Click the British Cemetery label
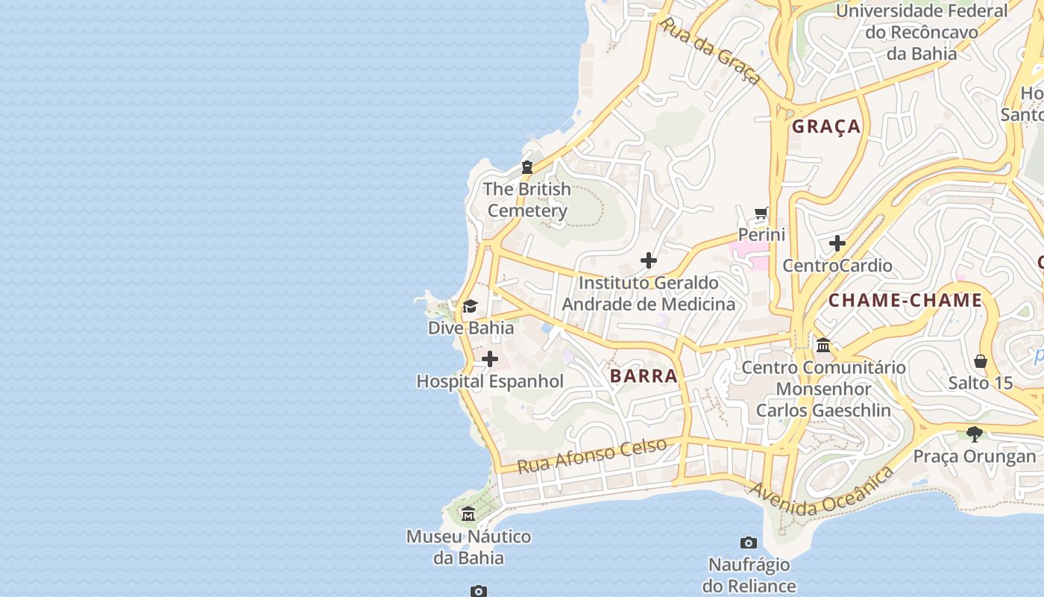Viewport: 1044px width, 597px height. [527, 200]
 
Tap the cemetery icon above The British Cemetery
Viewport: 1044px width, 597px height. [527, 167]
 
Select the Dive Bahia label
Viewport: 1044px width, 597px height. [471, 328]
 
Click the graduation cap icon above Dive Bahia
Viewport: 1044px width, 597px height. [470, 306]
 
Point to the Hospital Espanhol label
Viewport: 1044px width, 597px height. [490, 381]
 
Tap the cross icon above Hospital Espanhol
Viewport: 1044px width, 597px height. [490, 360]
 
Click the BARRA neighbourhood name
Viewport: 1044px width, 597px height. [644, 376]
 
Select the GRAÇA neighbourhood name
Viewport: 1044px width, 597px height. [826, 127]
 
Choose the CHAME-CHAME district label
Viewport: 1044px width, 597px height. [905, 301]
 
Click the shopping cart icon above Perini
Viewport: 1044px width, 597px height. [761, 213]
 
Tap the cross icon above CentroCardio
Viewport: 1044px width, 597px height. [837, 243]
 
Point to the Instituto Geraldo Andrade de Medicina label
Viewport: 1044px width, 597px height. [649, 293]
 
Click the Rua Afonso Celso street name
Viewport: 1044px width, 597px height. [592, 455]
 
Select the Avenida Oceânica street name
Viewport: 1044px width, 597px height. [821, 493]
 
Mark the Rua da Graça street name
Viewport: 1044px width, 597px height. [711, 51]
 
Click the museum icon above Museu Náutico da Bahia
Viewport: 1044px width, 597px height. [468, 514]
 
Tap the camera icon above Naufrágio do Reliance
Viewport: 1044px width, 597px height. [749, 543]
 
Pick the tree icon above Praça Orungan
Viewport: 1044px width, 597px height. [974, 434]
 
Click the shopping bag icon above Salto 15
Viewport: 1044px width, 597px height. [981, 361]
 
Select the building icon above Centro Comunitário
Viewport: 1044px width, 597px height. [823, 346]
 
